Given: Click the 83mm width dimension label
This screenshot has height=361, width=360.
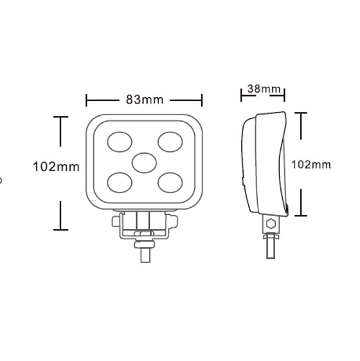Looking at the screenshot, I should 145,100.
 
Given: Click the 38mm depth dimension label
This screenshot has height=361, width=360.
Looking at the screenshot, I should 263,89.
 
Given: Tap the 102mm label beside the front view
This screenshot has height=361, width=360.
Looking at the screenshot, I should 57,167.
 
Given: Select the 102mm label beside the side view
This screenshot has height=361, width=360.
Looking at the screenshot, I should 311,164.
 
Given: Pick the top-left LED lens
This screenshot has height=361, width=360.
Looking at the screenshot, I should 120,141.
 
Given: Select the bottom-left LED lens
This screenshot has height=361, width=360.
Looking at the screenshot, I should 120,182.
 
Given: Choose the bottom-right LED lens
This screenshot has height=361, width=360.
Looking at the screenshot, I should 170,182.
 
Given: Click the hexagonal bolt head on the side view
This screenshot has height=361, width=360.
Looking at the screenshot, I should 271,224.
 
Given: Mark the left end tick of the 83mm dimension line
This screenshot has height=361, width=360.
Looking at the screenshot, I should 86,100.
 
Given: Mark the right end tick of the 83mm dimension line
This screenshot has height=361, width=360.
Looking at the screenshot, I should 203,100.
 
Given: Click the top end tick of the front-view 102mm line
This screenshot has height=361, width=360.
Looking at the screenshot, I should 61,116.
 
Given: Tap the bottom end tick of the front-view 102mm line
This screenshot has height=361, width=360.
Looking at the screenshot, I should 61,228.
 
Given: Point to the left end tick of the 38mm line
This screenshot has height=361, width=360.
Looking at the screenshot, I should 242,94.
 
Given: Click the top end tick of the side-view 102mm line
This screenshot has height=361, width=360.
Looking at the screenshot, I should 301,113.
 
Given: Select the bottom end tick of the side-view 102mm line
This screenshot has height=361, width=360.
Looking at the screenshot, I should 301,216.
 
